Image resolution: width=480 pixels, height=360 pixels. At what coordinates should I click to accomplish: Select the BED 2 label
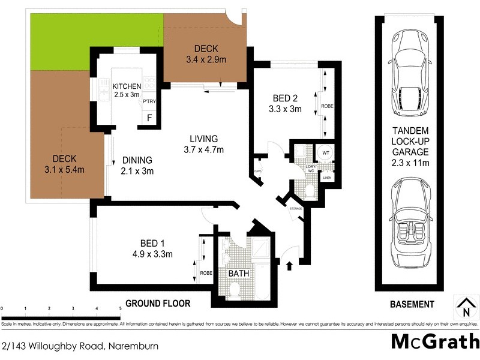click(285, 98)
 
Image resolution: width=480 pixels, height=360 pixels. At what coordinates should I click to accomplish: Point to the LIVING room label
click(200, 139)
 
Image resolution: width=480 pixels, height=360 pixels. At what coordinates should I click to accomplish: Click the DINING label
click(137, 160)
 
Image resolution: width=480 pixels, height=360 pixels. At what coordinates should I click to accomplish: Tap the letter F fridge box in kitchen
click(148, 118)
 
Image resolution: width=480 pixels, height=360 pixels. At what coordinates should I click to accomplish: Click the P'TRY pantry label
click(149, 102)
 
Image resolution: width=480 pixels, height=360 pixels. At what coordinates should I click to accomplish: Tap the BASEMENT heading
click(411, 304)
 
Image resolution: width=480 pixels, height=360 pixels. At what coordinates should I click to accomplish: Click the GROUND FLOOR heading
click(158, 304)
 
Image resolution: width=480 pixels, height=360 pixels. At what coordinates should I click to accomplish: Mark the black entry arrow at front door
click(291, 265)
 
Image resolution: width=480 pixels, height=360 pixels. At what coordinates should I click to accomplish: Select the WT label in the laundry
click(326, 154)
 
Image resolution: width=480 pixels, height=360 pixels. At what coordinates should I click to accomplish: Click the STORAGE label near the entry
click(295, 208)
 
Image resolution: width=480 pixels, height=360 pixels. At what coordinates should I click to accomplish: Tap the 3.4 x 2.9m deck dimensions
click(205, 59)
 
